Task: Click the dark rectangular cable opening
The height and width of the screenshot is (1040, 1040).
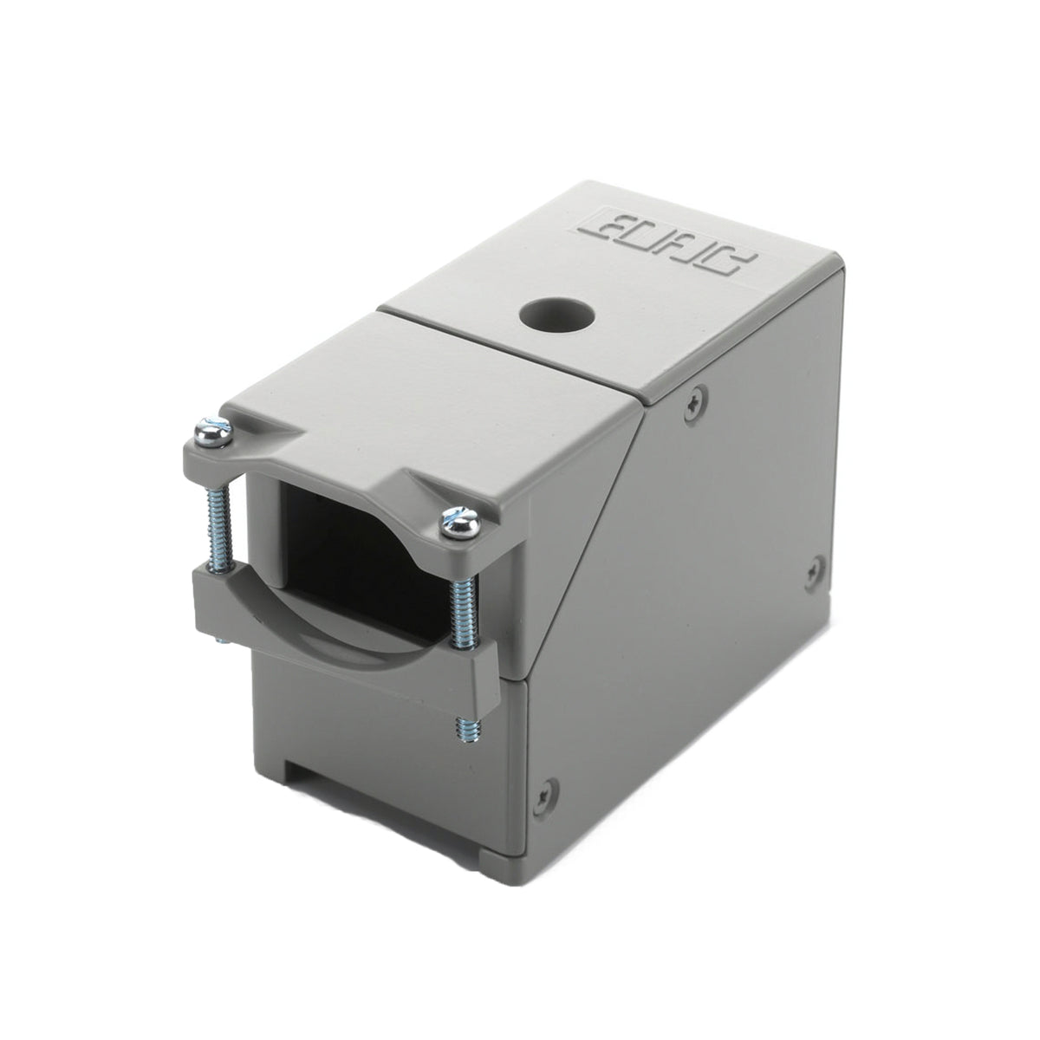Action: (x=347, y=555)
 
